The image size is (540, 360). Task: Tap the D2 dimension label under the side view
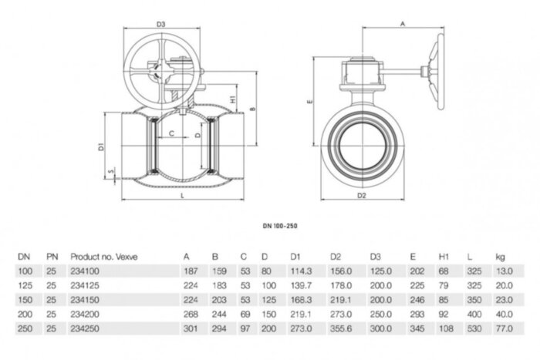(362, 196)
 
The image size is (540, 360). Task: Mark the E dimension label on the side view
(309, 100)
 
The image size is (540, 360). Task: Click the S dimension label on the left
(111, 172)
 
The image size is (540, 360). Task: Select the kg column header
(501, 256)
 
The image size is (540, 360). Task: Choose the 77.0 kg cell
(504, 328)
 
